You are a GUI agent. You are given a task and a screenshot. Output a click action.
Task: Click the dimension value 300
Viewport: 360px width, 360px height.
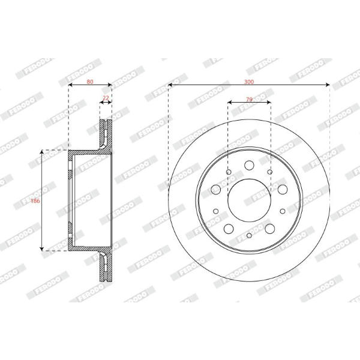point(249,82)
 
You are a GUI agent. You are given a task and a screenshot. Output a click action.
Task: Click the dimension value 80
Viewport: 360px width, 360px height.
point(90,82)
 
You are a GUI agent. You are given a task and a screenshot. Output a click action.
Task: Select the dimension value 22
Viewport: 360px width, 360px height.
point(106,98)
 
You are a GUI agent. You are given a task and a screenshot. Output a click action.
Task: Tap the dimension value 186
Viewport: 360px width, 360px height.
point(35,201)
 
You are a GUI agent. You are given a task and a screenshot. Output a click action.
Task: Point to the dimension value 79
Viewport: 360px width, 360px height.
point(249,100)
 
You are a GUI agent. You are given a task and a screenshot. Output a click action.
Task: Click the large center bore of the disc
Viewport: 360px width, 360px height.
point(250,200)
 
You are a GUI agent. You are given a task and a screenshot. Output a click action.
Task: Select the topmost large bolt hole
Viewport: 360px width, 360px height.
point(249,165)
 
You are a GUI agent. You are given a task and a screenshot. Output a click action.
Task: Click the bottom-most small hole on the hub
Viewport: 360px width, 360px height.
point(249,235)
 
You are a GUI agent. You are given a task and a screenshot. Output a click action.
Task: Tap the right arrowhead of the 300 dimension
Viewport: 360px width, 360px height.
point(328,85)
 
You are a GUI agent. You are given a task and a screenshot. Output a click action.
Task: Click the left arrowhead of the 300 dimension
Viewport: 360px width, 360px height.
point(170,85)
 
